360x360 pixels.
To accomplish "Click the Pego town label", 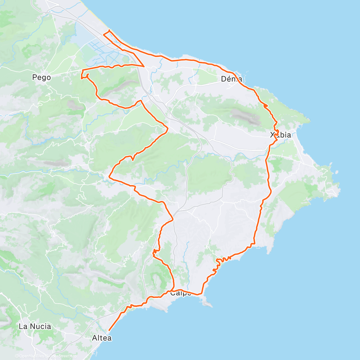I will coord(41,78).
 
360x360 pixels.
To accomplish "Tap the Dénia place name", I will coord(231,79).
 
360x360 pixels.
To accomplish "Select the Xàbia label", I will coord(280,135).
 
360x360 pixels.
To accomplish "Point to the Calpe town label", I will coord(181,293).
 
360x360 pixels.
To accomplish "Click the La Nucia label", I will coord(35,326).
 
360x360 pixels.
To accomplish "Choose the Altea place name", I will coord(102,338).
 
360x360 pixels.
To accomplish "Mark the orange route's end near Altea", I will coord(109,330).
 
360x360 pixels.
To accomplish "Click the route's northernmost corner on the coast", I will coord(109,30).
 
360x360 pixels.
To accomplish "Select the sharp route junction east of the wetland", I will coord(144,66).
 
